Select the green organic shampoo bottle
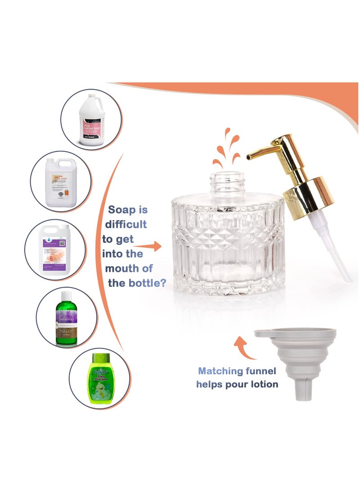pyautogui.click(x=67, y=318)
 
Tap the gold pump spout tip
pyautogui.click(x=249, y=157)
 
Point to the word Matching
pyautogui.click(x=220, y=371)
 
